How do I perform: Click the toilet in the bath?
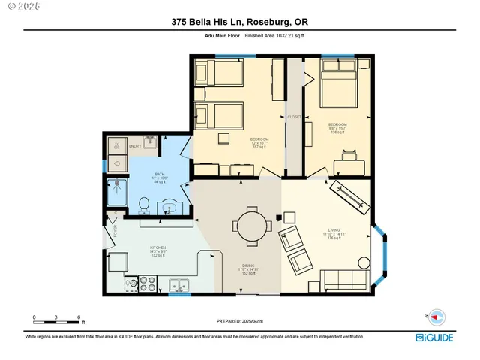tap(143, 202)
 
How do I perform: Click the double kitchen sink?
tap(178, 284)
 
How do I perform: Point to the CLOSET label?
tap(294, 117)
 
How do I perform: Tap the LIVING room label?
tap(335, 232)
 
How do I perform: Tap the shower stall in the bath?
tap(118, 192)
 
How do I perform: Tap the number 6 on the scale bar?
tap(79, 318)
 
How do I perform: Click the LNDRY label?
tap(135, 146)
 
